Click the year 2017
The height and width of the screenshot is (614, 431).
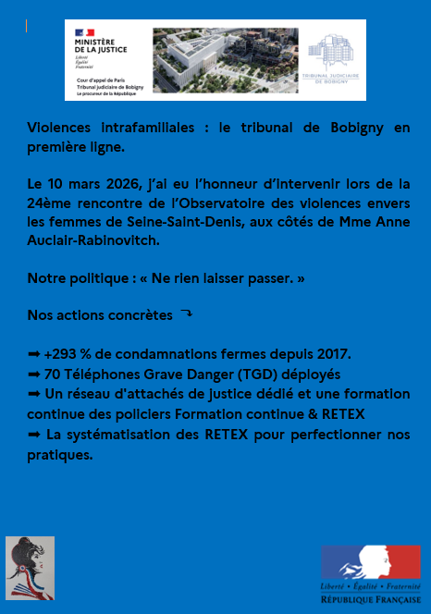pyautogui.click(x=333, y=354)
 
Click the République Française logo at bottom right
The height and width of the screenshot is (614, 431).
pyautogui.click(x=370, y=573)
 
